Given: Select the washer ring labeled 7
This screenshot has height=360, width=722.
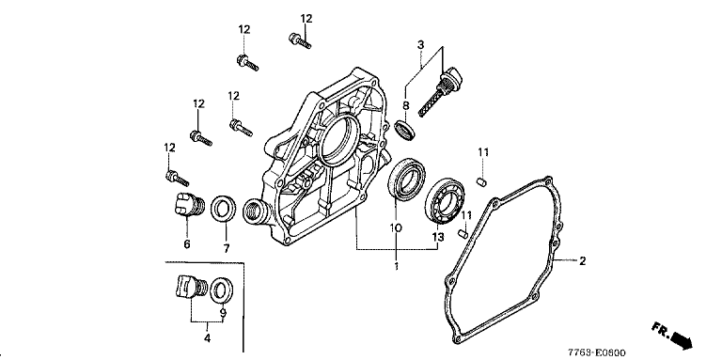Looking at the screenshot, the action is [224, 208].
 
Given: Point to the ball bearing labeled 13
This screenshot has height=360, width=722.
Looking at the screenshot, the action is [446, 200].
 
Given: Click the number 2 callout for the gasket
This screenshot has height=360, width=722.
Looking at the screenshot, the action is [582, 261].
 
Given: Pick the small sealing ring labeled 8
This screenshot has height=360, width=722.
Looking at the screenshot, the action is [405, 129].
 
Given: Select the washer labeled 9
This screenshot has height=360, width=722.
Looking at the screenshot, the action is [222, 290].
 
